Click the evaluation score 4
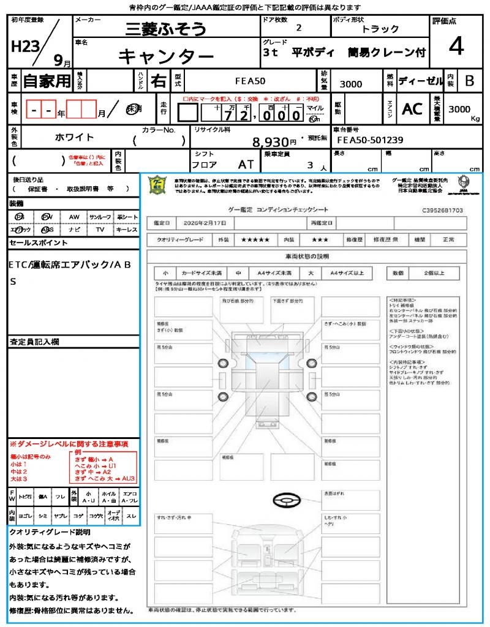(456, 47)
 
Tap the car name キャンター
(165, 56)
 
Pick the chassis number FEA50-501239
(370, 140)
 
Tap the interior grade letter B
(469, 81)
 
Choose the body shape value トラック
(380, 28)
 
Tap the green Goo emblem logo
(158, 185)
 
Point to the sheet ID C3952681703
(442, 210)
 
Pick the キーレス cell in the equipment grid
(127, 230)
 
